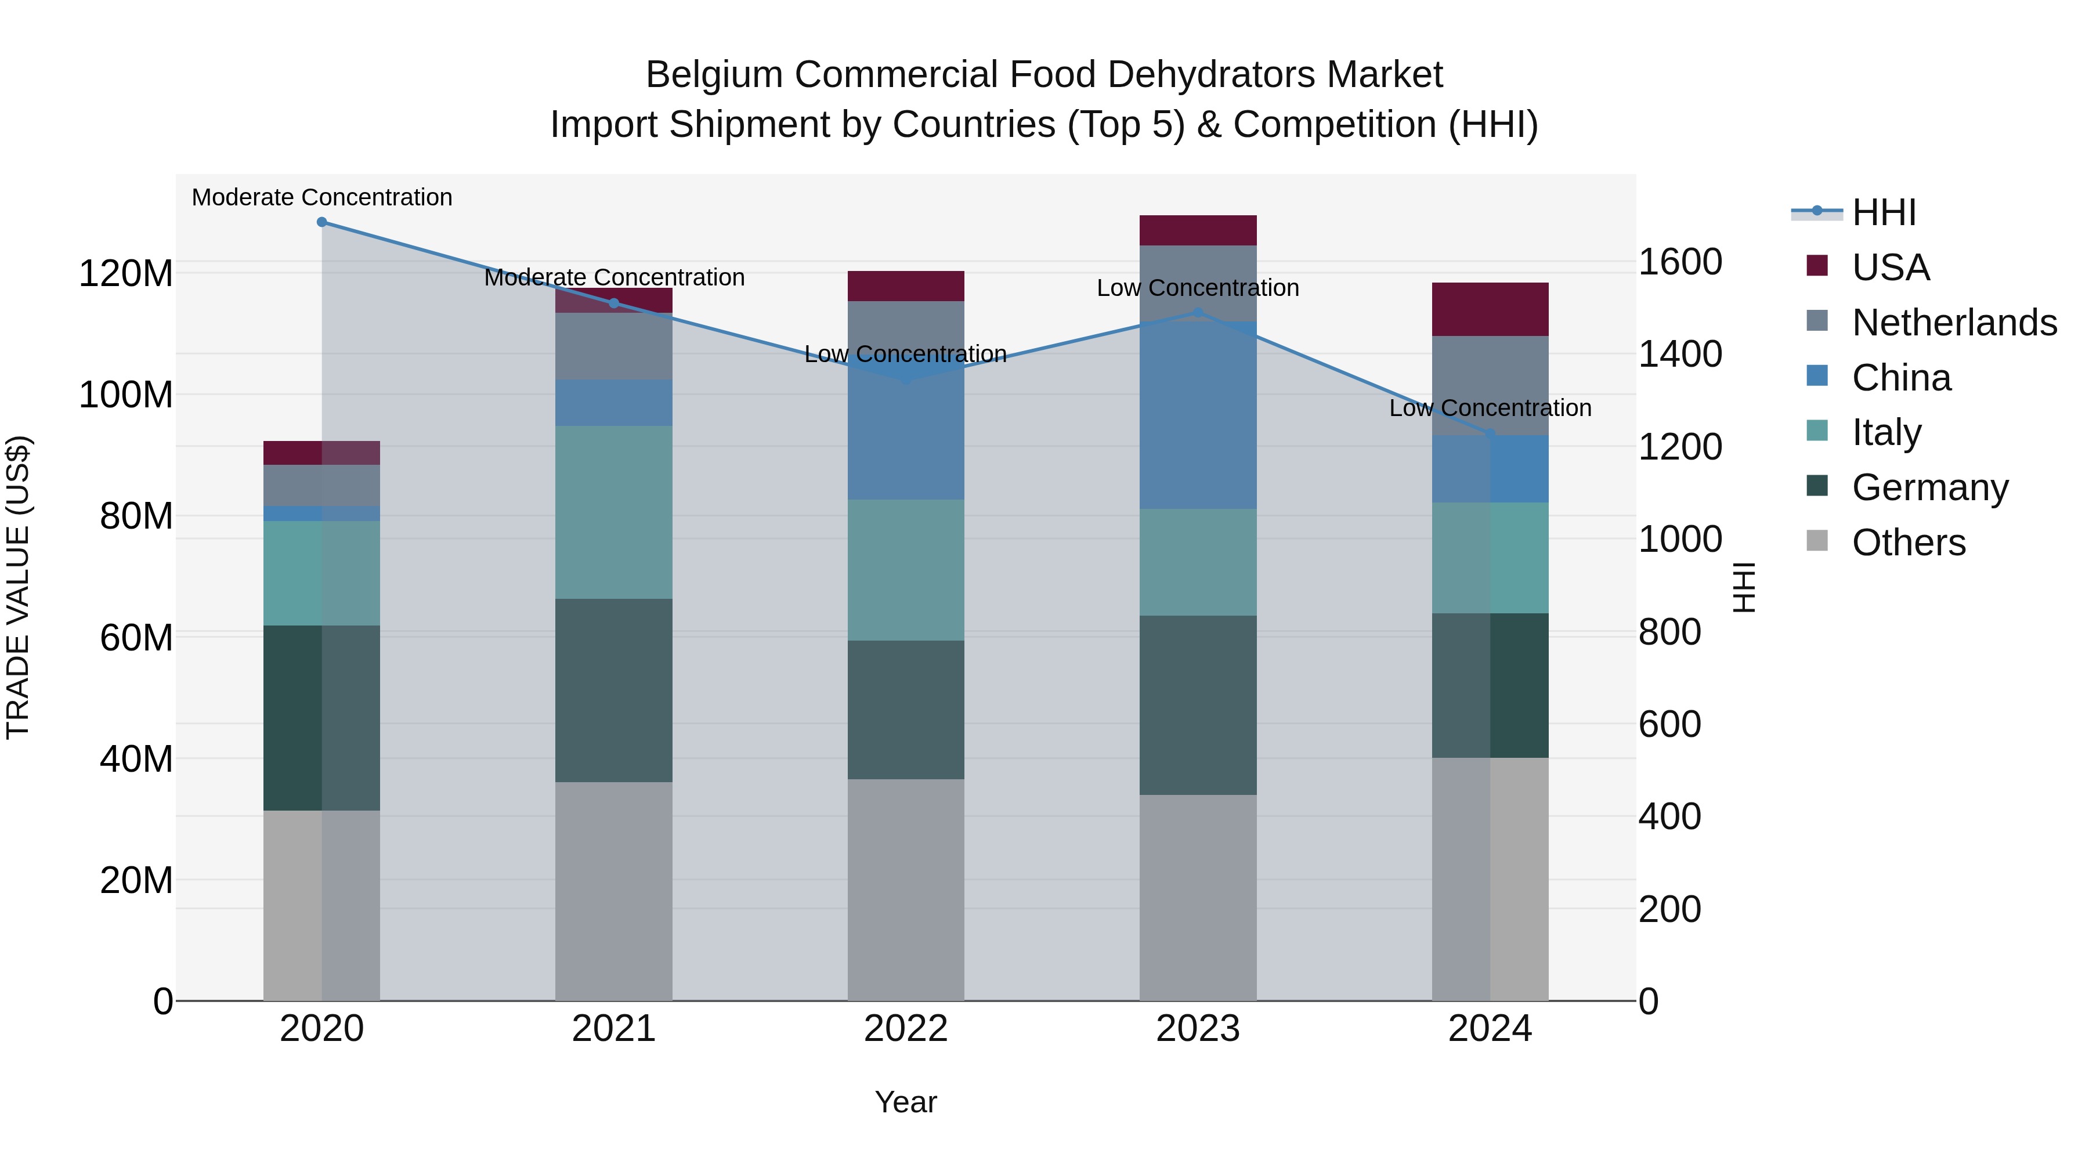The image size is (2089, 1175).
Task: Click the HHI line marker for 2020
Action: click(x=322, y=222)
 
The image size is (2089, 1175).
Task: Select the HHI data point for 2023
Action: click(x=1198, y=313)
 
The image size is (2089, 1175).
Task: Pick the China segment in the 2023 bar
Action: click(x=1198, y=414)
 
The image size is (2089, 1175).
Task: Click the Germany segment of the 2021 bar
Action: click(x=614, y=690)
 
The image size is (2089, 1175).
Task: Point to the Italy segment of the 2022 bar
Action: click(x=906, y=570)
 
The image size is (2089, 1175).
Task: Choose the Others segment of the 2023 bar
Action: click(x=1198, y=897)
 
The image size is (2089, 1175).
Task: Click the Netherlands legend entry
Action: click(x=1954, y=323)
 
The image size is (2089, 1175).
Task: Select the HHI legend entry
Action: click(x=1884, y=212)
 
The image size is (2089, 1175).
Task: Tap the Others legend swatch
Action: click(x=1817, y=541)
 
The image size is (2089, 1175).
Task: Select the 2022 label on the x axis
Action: click(x=906, y=1029)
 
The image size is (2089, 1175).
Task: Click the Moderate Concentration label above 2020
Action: click(x=322, y=197)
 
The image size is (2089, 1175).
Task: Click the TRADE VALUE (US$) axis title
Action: click(x=18, y=587)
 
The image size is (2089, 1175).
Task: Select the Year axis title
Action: click(x=906, y=1102)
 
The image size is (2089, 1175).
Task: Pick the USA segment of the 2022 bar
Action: click(x=906, y=286)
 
